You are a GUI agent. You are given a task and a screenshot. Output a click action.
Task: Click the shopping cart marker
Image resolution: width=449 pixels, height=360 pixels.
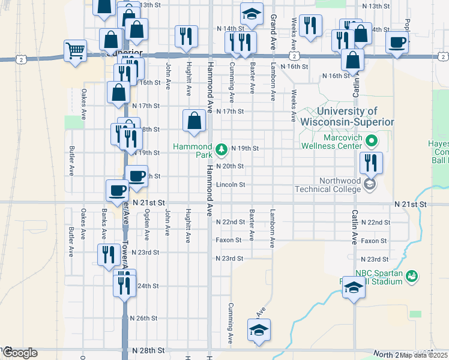point(76,52)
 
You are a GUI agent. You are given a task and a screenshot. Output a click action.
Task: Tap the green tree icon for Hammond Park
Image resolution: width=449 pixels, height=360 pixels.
point(221,148)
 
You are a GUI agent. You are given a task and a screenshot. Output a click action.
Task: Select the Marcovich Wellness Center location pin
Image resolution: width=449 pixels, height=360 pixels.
point(372,142)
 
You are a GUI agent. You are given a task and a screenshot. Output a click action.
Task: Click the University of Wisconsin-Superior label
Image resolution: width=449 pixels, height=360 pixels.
point(348,116)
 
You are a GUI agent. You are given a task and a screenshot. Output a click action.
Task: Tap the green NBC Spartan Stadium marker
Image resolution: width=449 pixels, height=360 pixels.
point(412,277)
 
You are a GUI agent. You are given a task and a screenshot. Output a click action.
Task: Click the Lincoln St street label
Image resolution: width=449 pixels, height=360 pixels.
point(231,185)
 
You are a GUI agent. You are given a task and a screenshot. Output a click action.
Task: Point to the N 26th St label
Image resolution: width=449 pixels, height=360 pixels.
point(144,318)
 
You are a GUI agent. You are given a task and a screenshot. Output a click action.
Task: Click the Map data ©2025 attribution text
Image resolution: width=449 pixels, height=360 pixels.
point(424,355)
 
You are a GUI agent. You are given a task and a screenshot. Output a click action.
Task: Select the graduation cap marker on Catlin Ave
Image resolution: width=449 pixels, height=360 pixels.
point(354,289)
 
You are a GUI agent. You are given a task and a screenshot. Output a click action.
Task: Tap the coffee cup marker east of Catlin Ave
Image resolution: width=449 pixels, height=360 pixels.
point(397,43)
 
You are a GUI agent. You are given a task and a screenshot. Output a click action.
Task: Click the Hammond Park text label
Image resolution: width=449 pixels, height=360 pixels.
point(192,151)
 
